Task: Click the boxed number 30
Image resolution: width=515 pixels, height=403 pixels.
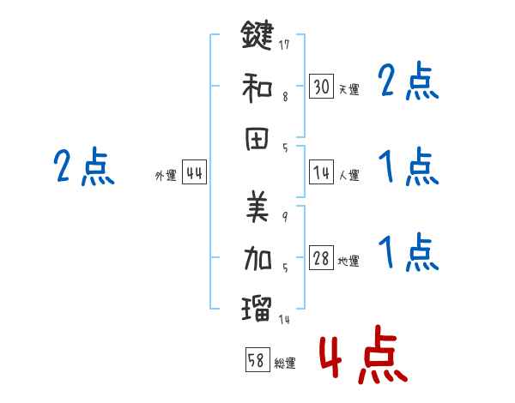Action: coord(321,87)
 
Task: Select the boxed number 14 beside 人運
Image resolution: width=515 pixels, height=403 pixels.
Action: coord(321,173)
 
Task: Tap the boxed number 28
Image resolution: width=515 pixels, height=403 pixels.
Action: coord(321,259)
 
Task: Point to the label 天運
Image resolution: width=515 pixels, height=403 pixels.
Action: coord(348,89)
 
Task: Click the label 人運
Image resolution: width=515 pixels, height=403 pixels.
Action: coord(348,176)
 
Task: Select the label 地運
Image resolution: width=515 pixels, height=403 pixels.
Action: coord(348,262)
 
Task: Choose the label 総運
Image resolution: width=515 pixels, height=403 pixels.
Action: coord(285,364)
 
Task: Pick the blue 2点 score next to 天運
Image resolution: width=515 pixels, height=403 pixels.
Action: coord(409,83)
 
